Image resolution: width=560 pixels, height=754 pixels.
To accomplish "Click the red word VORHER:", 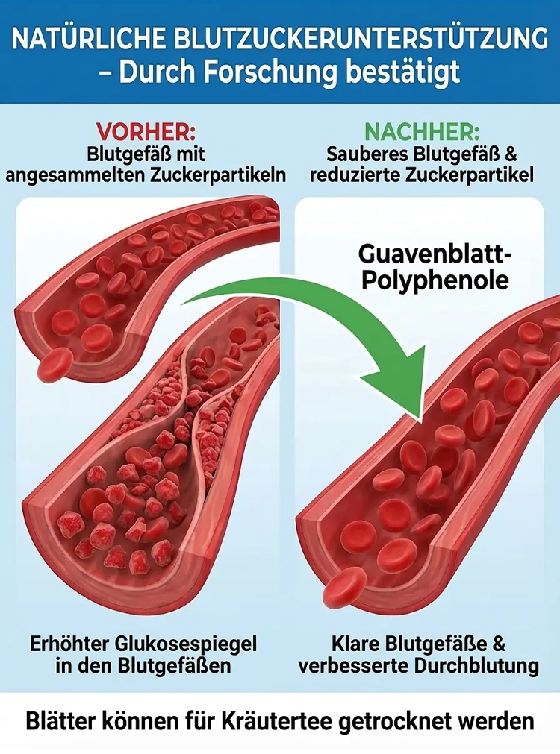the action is click(x=146, y=132).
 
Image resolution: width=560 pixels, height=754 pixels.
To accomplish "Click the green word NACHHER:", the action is click(x=422, y=132).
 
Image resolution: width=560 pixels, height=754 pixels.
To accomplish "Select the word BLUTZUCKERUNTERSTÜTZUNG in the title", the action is click(x=361, y=39).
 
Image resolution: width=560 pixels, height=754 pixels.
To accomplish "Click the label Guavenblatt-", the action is click(x=435, y=254).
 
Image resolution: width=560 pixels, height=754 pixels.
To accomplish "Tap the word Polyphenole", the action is click(x=435, y=280).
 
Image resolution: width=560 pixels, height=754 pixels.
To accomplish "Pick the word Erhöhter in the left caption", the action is click(x=67, y=644).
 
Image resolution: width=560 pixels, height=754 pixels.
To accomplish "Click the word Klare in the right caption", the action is click(x=355, y=644).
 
